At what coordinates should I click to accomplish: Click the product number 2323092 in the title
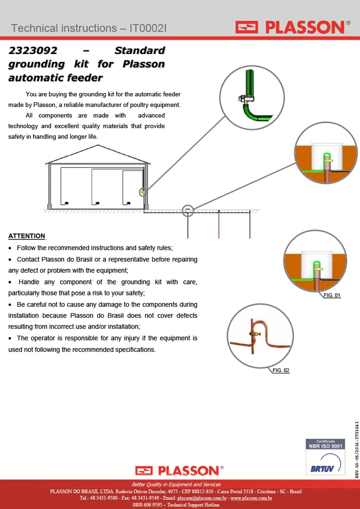pyautogui.click(x=33, y=51)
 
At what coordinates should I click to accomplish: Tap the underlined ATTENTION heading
pyautogui.click(x=27, y=236)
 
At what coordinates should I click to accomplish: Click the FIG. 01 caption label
pyautogui.click(x=332, y=295)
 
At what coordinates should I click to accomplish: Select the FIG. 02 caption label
pyautogui.click(x=281, y=370)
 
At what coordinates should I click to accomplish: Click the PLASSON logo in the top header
pyautogui.click(x=293, y=27)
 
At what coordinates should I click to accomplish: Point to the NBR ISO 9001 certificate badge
pyautogui.click(x=325, y=457)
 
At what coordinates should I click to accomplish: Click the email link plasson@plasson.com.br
pyautogui.click(x=202, y=498)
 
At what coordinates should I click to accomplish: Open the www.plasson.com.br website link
pyautogui.click(x=251, y=498)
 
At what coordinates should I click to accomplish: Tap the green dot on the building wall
pyautogui.click(x=143, y=192)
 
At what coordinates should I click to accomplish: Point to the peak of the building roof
pyautogui.click(x=98, y=145)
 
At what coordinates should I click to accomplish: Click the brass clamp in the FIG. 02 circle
pyautogui.click(x=255, y=334)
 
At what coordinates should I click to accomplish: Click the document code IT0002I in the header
pyautogui.click(x=148, y=28)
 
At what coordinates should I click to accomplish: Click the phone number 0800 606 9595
pyautogui.click(x=148, y=505)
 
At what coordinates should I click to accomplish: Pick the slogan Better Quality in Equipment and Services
pyautogui.click(x=176, y=484)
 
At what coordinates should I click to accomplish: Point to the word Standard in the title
pyautogui.click(x=140, y=51)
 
